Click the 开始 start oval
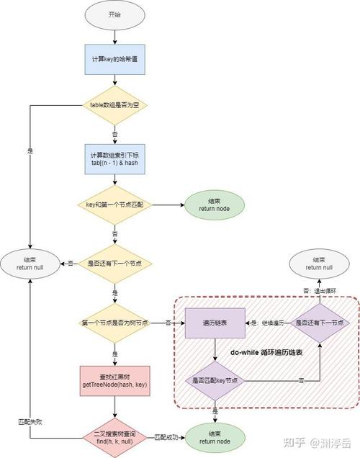(x=114, y=14)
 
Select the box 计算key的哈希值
(x=114, y=59)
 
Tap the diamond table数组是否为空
(x=114, y=105)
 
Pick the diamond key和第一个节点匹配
(x=114, y=205)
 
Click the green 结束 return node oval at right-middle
(x=214, y=205)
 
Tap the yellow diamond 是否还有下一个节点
(x=114, y=263)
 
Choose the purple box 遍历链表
(x=215, y=324)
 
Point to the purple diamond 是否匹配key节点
(x=215, y=380)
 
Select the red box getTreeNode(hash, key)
(x=114, y=382)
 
